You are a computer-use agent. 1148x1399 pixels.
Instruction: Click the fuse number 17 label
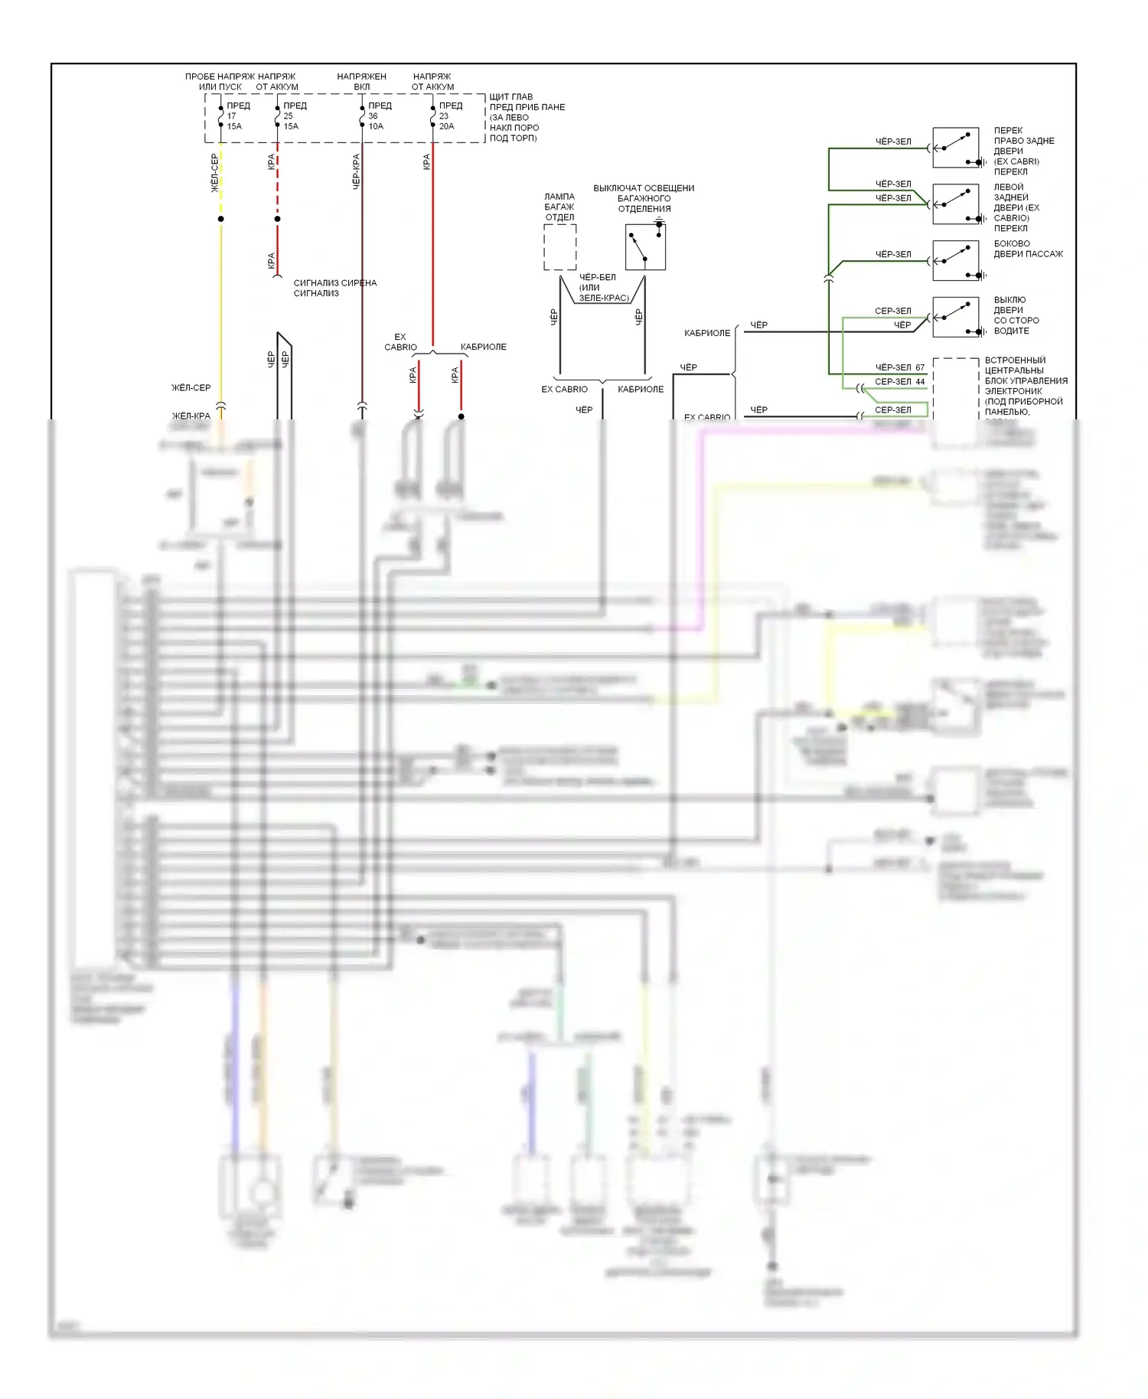tap(231, 116)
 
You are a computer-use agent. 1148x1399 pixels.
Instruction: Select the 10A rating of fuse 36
tap(376, 126)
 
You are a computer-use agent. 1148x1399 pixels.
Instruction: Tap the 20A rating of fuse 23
tap(446, 126)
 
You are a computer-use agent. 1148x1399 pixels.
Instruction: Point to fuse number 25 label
tap(288, 116)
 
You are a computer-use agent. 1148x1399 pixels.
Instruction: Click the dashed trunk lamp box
tap(559, 247)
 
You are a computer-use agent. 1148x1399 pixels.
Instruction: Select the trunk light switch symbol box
tap(645, 246)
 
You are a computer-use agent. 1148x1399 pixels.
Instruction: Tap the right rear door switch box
tap(956, 148)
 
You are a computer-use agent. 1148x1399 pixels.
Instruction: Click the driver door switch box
tap(956, 317)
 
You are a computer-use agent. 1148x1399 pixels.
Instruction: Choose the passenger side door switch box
tap(956, 260)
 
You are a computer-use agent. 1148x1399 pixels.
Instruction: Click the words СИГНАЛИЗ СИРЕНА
tap(335, 283)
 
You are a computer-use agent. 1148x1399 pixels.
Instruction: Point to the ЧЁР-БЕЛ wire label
tap(597, 277)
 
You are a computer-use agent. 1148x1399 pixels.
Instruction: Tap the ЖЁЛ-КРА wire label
tap(191, 416)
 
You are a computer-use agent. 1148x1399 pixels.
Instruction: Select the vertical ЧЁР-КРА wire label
tap(356, 171)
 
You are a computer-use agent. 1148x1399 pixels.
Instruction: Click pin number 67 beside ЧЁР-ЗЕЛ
tap(920, 367)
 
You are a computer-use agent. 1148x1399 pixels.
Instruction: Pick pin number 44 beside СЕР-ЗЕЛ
tap(920, 381)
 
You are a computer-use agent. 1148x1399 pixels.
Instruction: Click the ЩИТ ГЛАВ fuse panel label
tap(511, 96)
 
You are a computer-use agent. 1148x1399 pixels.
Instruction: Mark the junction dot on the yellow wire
tap(221, 219)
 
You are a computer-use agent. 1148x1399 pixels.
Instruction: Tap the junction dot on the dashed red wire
tap(277, 219)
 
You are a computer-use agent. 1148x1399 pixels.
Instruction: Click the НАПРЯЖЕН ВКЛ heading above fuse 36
tap(361, 81)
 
